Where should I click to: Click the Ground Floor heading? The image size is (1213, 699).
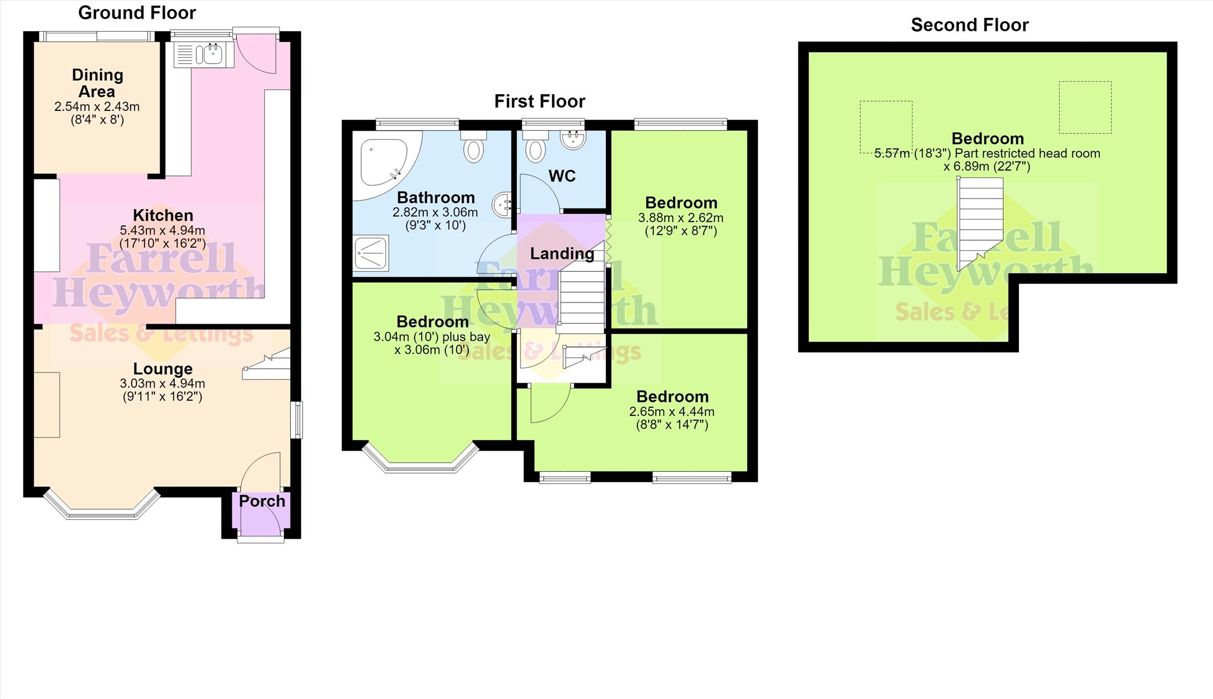coord(137,13)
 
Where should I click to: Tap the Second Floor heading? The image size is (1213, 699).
coord(969,25)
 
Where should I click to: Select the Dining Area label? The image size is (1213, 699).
coord(97,83)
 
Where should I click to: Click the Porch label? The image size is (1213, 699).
coord(262,502)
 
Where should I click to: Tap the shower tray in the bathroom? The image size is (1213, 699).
coord(371,253)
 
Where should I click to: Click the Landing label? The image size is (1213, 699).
coord(562,253)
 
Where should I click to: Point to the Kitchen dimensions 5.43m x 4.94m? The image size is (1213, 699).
coord(162,230)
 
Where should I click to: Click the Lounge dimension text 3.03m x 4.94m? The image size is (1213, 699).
coord(162,384)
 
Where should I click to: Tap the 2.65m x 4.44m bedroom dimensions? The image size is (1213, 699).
coord(672,412)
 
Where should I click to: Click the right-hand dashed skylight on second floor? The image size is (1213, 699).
coord(1085,107)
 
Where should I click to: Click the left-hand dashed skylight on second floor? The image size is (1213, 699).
coord(886,127)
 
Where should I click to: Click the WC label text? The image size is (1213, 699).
coord(562,176)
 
